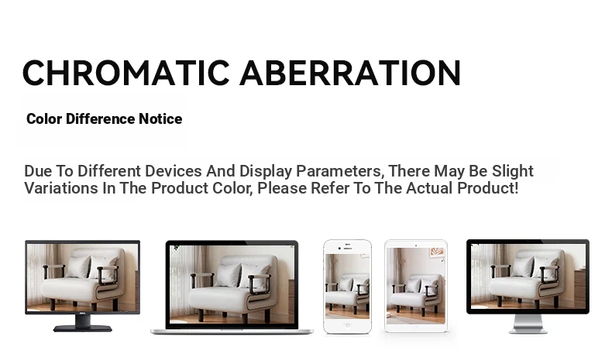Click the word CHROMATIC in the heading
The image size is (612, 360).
point(126,73)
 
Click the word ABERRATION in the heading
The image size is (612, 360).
point(350,73)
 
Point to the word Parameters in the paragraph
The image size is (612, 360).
point(339,171)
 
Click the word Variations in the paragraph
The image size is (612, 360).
point(61,188)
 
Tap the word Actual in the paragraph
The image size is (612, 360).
point(429,188)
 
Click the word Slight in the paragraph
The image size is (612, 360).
point(513,171)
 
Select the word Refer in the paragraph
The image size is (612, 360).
point(330,188)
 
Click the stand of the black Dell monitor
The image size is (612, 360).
point(83,324)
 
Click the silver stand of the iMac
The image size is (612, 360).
point(528,324)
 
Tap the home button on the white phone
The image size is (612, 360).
point(347,325)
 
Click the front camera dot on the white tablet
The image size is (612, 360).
point(416,245)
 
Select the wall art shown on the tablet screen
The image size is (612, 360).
point(437,253)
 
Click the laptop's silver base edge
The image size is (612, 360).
point(232,332)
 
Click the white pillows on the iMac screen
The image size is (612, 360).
point(533,266)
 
